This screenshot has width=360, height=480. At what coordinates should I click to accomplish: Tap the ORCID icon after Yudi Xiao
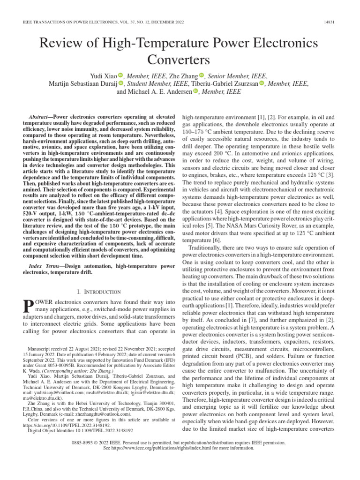[120, 75]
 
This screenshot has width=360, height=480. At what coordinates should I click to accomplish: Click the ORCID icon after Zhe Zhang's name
[202, 75]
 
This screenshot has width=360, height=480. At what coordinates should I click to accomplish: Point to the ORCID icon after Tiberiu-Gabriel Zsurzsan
[262, 84]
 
